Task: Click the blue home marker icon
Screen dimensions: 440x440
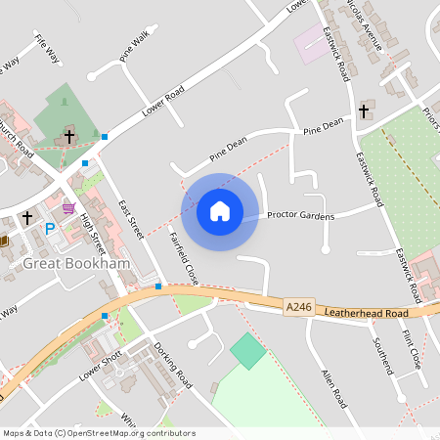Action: tap(220, 211)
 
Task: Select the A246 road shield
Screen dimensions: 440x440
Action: tap(299, 307)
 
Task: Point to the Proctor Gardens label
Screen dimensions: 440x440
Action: tap(300, 215)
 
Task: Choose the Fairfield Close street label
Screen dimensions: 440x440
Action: tap(183, 257)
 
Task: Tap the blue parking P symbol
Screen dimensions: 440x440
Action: tap(50, 229)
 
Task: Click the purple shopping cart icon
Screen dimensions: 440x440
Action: tap(67, 207)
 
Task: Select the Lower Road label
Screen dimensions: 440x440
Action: tap(162, 101)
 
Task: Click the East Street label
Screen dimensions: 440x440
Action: tap(130, 219)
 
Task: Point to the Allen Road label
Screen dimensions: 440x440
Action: tap(334, 388)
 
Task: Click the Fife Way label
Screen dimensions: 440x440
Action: tap(46, 48)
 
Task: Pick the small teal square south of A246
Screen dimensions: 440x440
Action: tap(248, 351)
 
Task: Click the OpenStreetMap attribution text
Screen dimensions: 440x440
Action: tap(98, 433)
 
